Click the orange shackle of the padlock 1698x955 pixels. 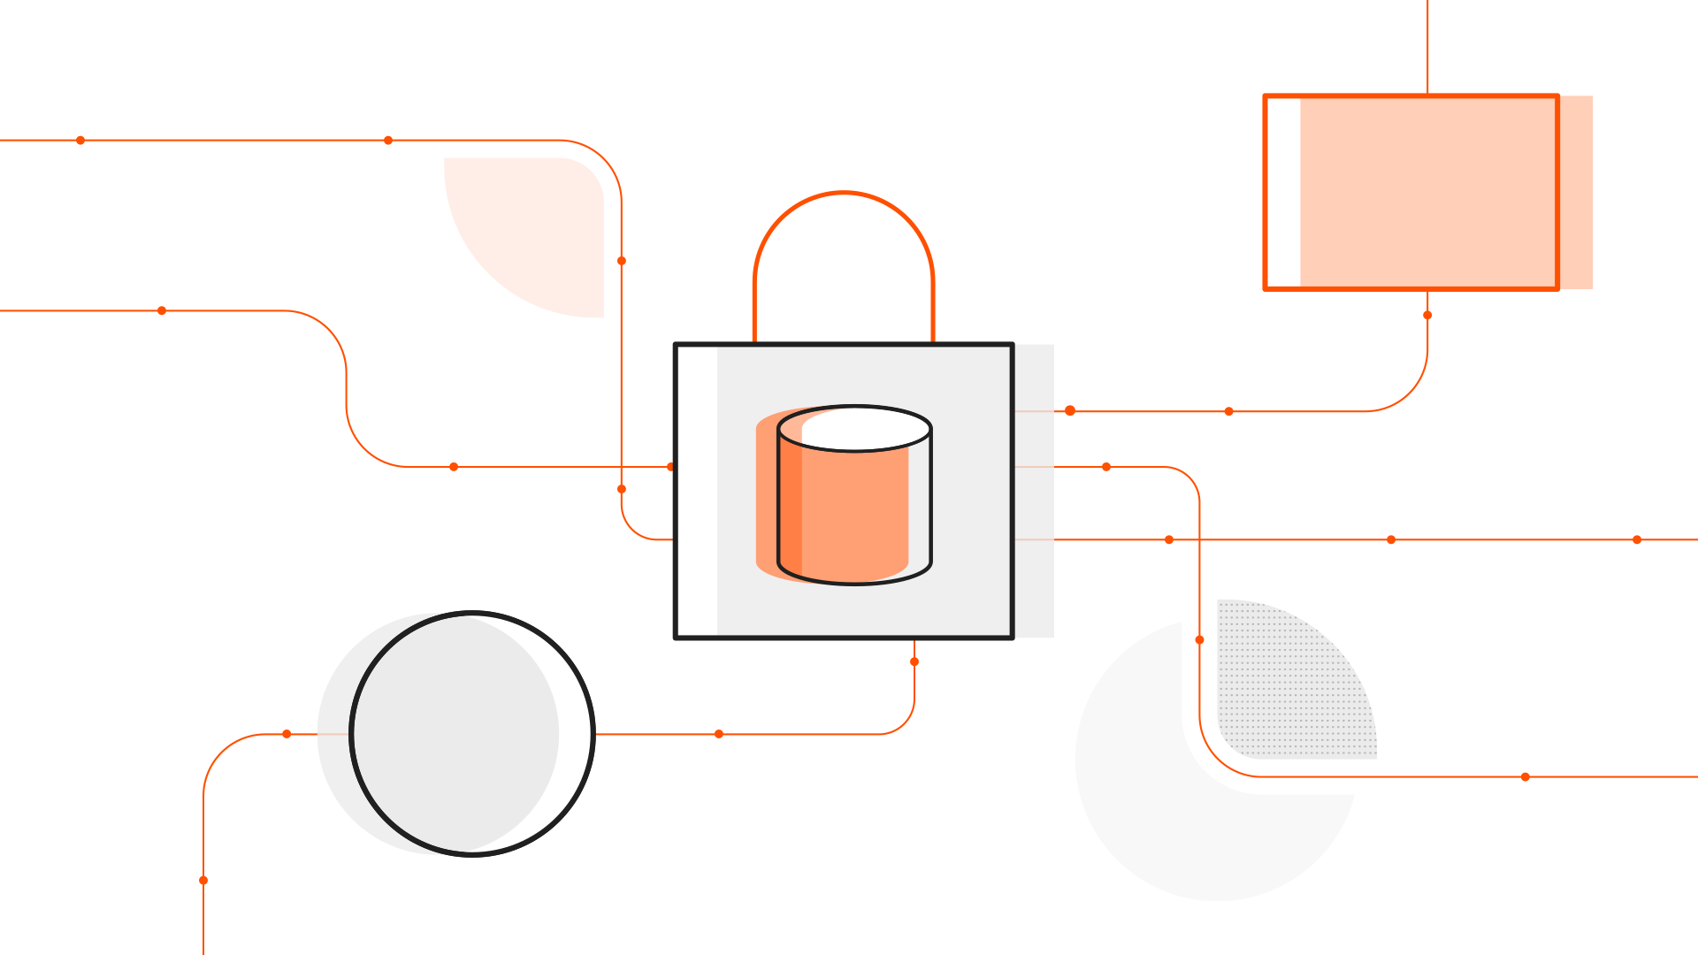click(x=844, y=194)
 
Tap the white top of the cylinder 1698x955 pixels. click(x=854, y=429)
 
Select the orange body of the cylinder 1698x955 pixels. click(x=854, y=513)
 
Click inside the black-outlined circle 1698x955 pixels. click(x=472, y=734)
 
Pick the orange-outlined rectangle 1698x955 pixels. click(x=1411, y=193)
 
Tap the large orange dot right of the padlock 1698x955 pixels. click(x=1070, y=410)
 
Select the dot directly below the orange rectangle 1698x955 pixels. click(x=1427, y=315)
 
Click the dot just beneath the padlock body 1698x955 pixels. click(x=914, y=661)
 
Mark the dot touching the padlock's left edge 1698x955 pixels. click(x=671, y=466)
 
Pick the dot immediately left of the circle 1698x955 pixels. click(x=287, y=734)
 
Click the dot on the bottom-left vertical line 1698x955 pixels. click(x=203, y=880)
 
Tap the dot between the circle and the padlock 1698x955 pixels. click(x=719, y=734)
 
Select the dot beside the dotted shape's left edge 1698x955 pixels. click(x=1200, y=639)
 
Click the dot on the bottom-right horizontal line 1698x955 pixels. click(x=1526, y=776)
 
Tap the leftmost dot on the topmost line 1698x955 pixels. click(x=80, y=140)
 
